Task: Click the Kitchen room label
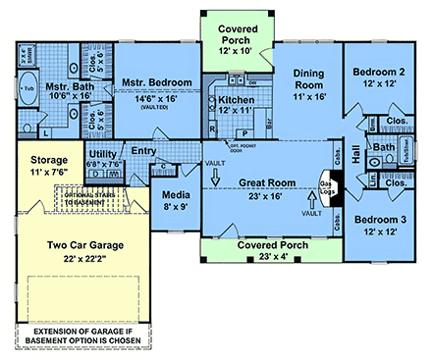pos(238,100)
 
